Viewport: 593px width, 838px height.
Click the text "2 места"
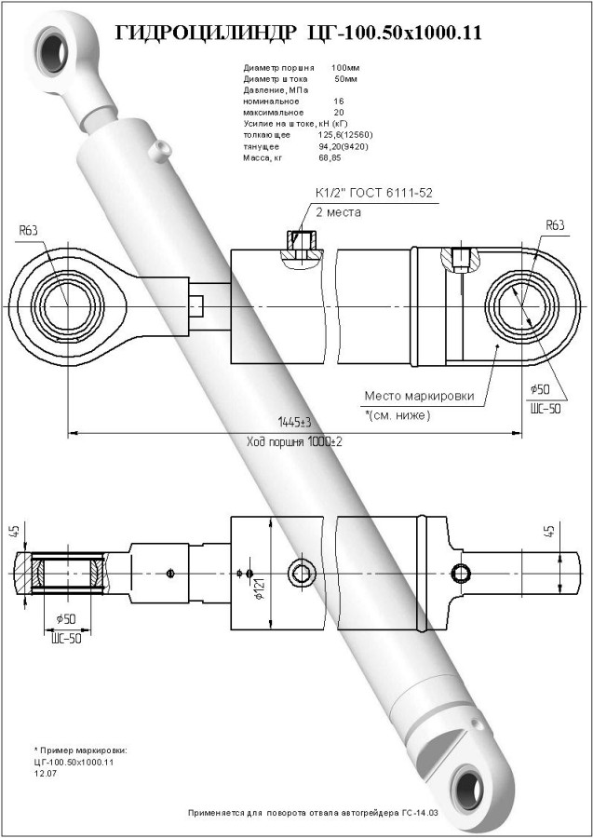(x=337, y=212)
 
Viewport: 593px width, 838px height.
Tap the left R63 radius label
(x=29, y=230)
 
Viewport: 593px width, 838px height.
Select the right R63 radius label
(x=555, y=224)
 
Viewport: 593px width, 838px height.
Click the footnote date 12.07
(x=44, y=773)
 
